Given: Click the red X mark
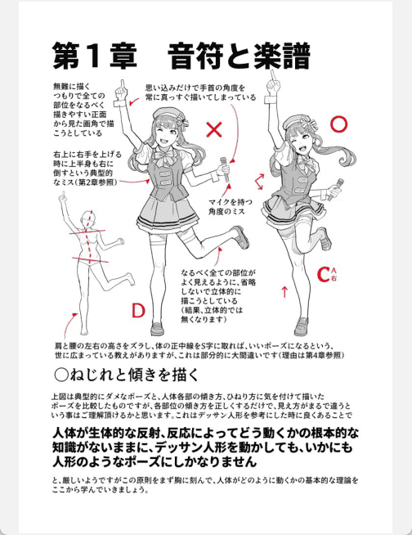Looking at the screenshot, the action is [x=214, y=129].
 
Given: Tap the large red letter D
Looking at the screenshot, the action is [x=138, y=311].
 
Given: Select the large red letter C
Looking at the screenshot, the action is [x=323, y=274].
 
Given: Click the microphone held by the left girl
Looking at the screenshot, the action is [x=225, y=169].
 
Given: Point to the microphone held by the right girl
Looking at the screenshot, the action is [x=335, y=189].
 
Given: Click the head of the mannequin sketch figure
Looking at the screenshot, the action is [x=88, y=220].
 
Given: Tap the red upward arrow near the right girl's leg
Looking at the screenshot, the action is [x=284, y=292].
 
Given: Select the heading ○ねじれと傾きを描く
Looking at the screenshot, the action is [x=126, y=375].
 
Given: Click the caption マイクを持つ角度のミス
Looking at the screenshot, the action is [x=226, y=206].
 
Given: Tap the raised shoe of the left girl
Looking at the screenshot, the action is [x=241, y=236].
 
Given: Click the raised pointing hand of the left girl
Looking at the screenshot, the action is [x=121, y=91].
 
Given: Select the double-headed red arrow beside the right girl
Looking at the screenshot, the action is [x=259, y=182].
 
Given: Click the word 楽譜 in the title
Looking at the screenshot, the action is [x=282, y=56].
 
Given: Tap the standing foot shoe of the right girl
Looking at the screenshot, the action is [x=301, y=326].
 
